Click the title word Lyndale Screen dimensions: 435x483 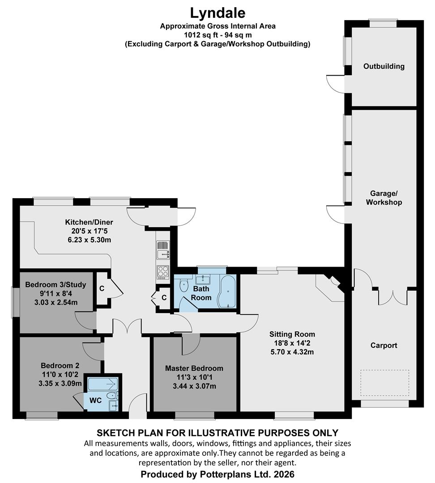click(x=217, y=13)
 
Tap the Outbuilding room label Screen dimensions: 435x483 click(x=384, y=66)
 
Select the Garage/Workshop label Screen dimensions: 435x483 click(x=384, y=198)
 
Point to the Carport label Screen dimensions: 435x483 click(x=384, y=345)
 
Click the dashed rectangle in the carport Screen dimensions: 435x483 click(x=385, y=382)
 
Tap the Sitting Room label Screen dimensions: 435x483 click(x=292, y=334)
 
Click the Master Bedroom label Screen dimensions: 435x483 click(x=194, y=368)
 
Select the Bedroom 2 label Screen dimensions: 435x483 click(x=60, y=366)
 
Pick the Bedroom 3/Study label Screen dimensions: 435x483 click(x=55, y=284)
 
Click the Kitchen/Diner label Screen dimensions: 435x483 click(x=89, y=222)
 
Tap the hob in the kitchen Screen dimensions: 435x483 click(x=163, y=272)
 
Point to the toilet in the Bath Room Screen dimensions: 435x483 click(x=184, y=285)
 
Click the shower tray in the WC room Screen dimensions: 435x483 click(x=103, y=384)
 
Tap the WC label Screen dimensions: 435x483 click(x=96, y=400)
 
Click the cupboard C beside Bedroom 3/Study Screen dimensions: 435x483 click(x=102, y=288)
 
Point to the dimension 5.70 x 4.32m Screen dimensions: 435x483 click(x=292, y=352)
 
